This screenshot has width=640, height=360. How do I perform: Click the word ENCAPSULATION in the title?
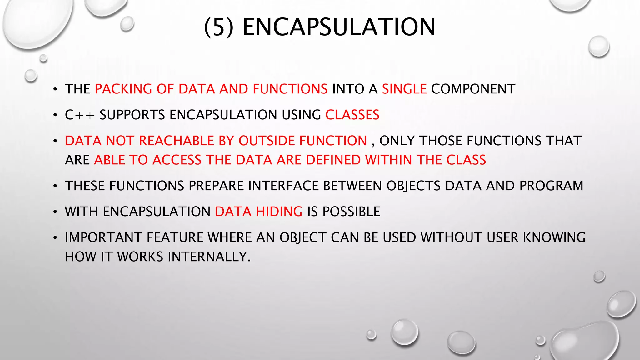tap(339, 27)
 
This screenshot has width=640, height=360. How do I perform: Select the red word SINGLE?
tap(404, 89)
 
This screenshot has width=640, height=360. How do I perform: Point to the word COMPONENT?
tap(473, 89)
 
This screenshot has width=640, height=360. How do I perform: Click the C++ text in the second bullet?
tap(79, 115)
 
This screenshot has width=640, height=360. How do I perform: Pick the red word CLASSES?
tap(352, 115)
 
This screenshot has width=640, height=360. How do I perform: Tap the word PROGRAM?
tap(551, 186)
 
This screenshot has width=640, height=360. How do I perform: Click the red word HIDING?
tap(279, 212)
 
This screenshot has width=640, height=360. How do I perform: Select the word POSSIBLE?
tap(351, 212)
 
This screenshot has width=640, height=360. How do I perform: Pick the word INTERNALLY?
tap(209, 257)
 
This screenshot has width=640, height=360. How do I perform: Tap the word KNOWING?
tap(554, 238)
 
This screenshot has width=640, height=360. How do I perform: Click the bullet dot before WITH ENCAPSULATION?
tap(55, 212)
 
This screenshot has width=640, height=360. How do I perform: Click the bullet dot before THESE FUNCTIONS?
tap(55, 186)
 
